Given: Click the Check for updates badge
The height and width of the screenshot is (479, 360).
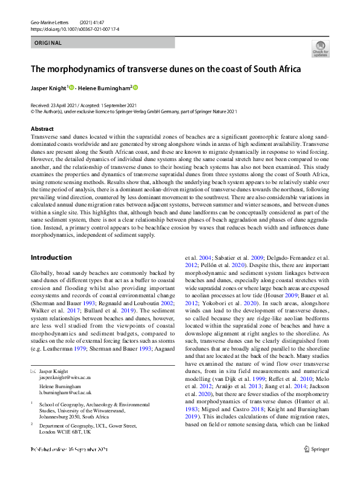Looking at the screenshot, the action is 320,48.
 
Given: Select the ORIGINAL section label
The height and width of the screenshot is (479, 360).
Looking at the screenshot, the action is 48,42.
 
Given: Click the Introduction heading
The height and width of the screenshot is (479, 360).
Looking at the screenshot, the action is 51,257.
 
